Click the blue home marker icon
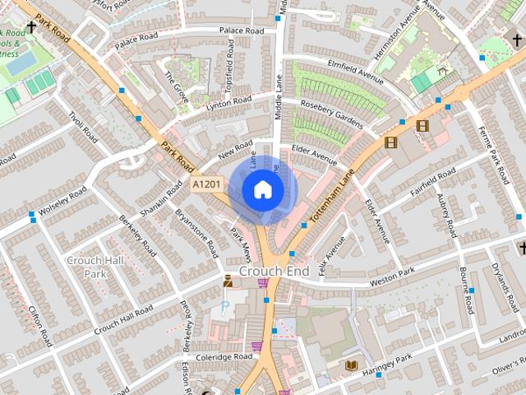[x=263, y=190]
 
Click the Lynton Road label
[x=228, y=102]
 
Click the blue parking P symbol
[x=225, y=307]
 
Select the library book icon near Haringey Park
[x=352, y=365]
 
